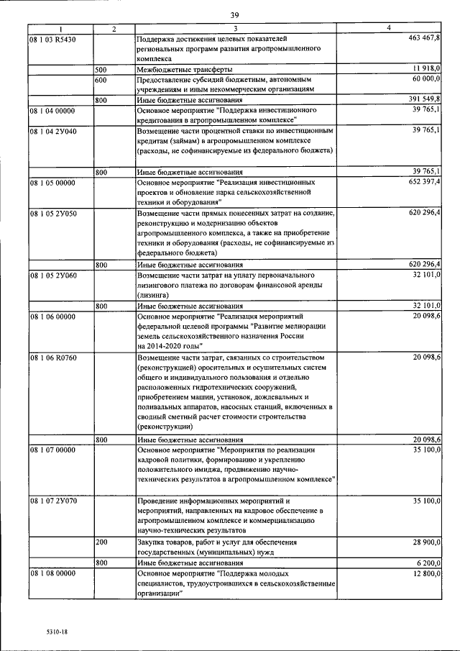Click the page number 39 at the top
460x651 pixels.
click(x=234, y=14)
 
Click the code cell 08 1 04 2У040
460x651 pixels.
click(x=55, y=131)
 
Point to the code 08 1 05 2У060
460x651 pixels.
click(x=55, y=276)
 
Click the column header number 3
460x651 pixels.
click(x=236, y=28)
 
